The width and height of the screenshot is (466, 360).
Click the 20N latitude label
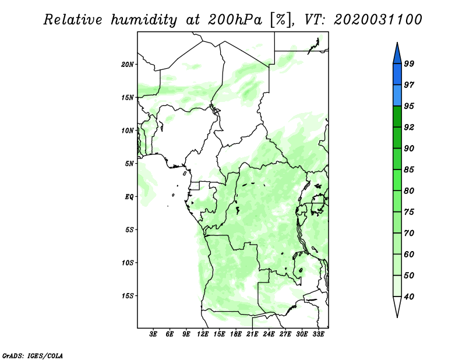[x=128, y=65]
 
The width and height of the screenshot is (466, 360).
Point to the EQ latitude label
[x=129, y=197]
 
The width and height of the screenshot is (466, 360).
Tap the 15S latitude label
[x=128, y=296]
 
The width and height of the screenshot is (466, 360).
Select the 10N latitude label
[x=128, y=130]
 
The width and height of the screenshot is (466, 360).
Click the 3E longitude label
[x=153, y=334]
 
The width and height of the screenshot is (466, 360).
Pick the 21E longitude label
[x=252, y=334]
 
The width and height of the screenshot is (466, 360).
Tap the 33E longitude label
[x=318, y=334]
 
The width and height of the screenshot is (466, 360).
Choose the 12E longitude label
[x=203, y=334]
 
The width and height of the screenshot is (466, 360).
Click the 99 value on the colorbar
[x=409, y=63]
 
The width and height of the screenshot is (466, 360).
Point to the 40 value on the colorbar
[x=409, y=297]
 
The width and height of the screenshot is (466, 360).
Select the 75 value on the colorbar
[x=409, y=211]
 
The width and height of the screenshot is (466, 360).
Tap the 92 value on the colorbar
[x=409, y=127]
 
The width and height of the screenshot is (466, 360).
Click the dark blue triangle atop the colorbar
[x=397, y=55]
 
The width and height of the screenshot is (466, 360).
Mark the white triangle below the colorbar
[x=397, y=305]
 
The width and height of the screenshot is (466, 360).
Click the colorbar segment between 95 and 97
[x=397, y=96]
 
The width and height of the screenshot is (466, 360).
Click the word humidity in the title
[x=144, y=20]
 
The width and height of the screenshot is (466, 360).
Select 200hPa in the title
[x=235, y=20]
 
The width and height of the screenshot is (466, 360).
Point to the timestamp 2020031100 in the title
[x=377, y=20]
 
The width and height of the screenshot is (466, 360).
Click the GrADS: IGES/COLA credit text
[x=33, y=355]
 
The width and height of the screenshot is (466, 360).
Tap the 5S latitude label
[x=129, y=230]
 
